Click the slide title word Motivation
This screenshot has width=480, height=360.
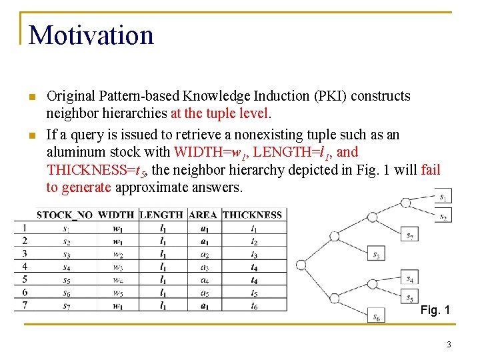click(x=91, y=35)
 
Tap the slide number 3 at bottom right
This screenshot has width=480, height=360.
click(x=449, y=345)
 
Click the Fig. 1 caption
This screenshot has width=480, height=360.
click(x=435, y=310)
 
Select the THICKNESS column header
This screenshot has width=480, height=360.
click(x=252, y=215)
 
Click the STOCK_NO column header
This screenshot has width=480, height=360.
click(x=65, y=215)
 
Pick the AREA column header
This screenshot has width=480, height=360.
click(x=203, y=215)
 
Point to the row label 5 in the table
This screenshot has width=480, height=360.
click(x=25, y=280)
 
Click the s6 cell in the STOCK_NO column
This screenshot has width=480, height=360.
click(x=66, y=293)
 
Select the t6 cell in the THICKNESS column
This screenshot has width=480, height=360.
click(x=253, y=306)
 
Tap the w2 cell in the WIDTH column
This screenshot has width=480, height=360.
click(x=118, y=254)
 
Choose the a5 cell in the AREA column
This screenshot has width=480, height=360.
click(x=204, y=293)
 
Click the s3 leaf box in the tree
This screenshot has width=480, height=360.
click(x=376, y=254)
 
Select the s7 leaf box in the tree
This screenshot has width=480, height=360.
click(x=410, y=235)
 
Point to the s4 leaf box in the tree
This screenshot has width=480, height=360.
click(x=410, y=279)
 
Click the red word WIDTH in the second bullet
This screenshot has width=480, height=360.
click(x=194, y=152)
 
